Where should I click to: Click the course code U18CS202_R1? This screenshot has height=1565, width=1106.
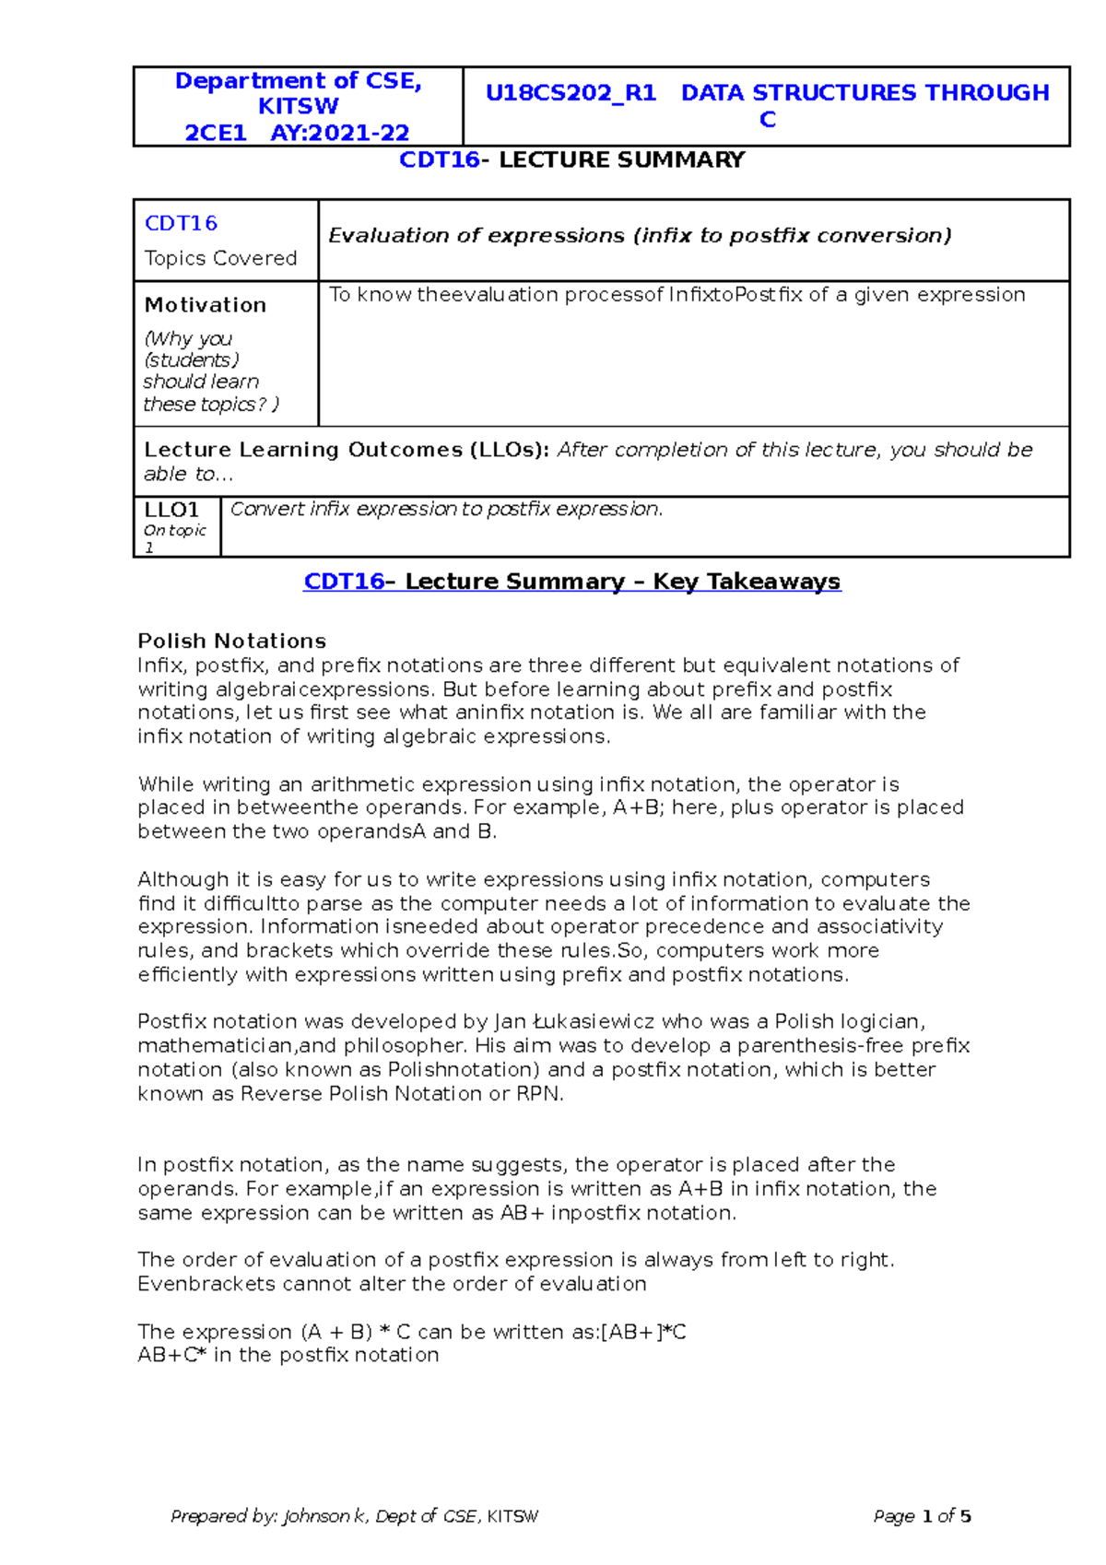point(571,93)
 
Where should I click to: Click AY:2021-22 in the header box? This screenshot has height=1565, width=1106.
point(339,133)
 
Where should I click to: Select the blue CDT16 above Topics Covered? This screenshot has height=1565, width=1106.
point(181,223)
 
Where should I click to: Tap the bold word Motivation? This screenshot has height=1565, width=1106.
point(205,305)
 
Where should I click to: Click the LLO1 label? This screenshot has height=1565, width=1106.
point(171,510)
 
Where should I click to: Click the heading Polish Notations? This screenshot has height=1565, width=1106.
point(231,641)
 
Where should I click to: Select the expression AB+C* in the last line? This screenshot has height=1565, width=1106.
point(171,1355)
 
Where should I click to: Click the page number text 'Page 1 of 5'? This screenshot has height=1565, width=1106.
point(922,1516)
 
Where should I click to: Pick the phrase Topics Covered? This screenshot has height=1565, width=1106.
point(220,258)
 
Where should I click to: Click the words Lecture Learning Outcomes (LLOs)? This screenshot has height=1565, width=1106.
point(346,450)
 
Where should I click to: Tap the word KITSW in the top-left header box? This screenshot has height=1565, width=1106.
point(298,107)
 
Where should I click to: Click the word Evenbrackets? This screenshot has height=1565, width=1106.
point(206,1284)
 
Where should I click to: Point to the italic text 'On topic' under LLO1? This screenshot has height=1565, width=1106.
point(175,531)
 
